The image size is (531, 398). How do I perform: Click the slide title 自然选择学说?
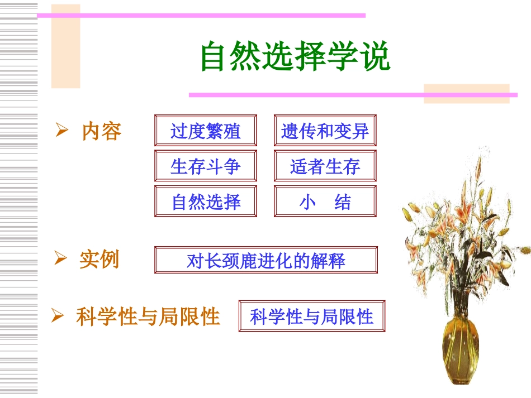[x=295, y=56]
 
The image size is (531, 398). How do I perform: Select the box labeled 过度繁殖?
[x=205, y=131]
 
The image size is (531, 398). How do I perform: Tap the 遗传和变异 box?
[x=325, y=131]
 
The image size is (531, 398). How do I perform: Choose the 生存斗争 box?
[x=205, y=166]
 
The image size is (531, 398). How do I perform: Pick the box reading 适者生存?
[x=325, y=166]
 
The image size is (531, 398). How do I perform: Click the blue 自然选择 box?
[x=205, y=202]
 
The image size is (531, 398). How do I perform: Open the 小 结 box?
[x=325, y=202]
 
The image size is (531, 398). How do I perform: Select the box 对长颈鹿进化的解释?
[x=265, y=260]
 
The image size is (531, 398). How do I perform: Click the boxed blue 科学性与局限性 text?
[x=311, y=317]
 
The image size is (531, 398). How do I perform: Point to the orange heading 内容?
[x=101, y=131]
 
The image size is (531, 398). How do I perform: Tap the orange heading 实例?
[x=99, y=259]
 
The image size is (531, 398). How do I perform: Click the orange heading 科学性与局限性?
[x=148, y=317]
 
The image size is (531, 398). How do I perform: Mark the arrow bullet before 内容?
[x=61, y=131]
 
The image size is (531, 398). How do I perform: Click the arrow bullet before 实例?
[x=60, y=258]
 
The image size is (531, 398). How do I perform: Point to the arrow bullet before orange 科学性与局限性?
[x=58, y=316]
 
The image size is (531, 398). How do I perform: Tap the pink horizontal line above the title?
[x=201, y=16]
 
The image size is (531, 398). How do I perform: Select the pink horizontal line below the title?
[x=352, y=95]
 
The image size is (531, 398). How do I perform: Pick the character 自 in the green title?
[x=213, y=56]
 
